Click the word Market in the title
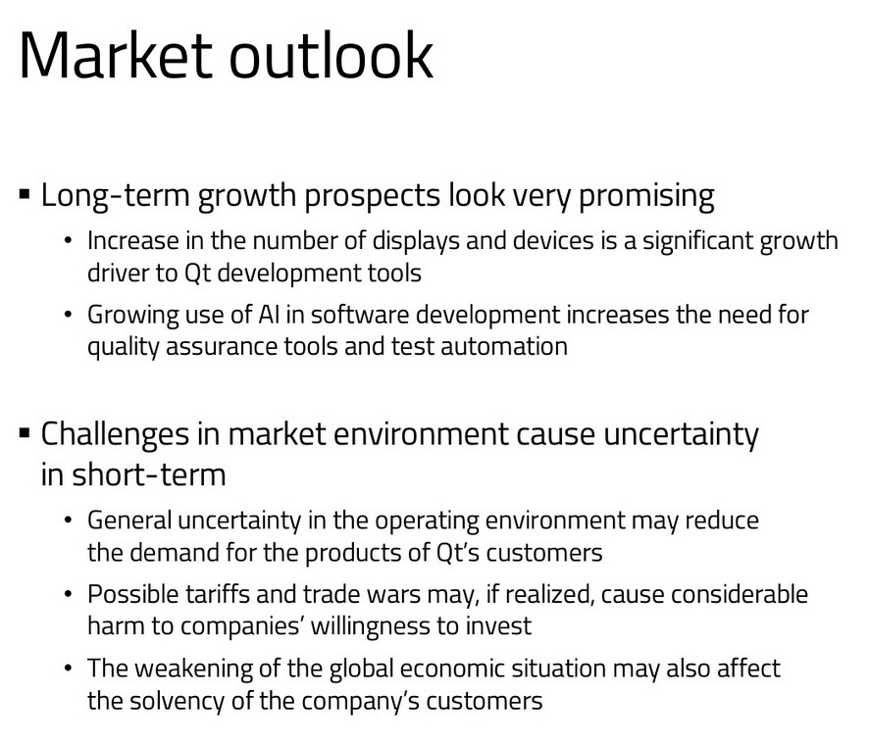(x=116, y=55)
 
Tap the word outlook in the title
(x=331, y=55)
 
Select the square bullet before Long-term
(x=25, y=195)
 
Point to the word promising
(x=646, y=196)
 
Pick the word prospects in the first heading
(x=372, y=197)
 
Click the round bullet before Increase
(x=69, y=241)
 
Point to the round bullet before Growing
(x=69, y=316)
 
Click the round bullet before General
(x=69, y=521)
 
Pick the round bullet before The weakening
(x=69, y=669)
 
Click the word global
(x=361, y=669)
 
